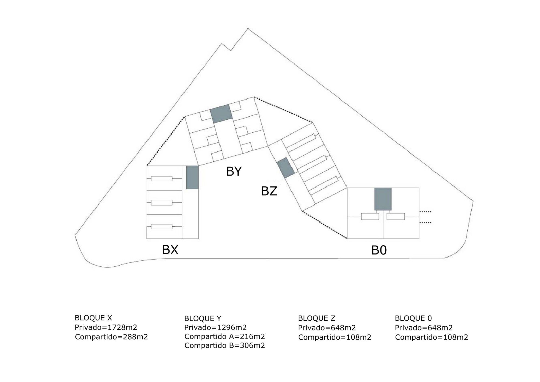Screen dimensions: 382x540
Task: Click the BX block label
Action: coord(170,250)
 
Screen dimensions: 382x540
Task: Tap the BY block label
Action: coord(234,171)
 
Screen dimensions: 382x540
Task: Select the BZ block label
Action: coord(269,191)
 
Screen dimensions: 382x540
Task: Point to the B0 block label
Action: coord(379,250)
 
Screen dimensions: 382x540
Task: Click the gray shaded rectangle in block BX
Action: coord(193,177)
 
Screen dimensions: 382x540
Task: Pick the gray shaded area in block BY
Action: coord(221,114)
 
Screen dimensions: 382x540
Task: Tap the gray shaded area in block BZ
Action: coord(286,168)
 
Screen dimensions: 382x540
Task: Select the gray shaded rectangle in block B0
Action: coord(383,199)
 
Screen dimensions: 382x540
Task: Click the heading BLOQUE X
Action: coord(93,318)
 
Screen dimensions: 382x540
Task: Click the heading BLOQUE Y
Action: coord(203,319)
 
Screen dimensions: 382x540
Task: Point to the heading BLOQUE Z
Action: coord(316,318)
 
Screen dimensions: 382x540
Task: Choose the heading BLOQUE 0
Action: coord(413,318)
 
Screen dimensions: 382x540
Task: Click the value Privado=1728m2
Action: coord(106,327)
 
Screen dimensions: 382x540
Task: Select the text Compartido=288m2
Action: coord(111,337)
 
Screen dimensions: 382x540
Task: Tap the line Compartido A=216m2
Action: coord(225,337)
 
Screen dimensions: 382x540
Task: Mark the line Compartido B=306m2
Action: coord(225,346)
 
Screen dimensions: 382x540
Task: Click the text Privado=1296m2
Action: coord(215,328)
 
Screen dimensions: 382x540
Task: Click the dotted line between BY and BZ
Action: coord(283,109)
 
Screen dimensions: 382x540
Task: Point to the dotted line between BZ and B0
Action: coord(325,225)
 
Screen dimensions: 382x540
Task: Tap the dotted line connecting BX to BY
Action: coord(166,141)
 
